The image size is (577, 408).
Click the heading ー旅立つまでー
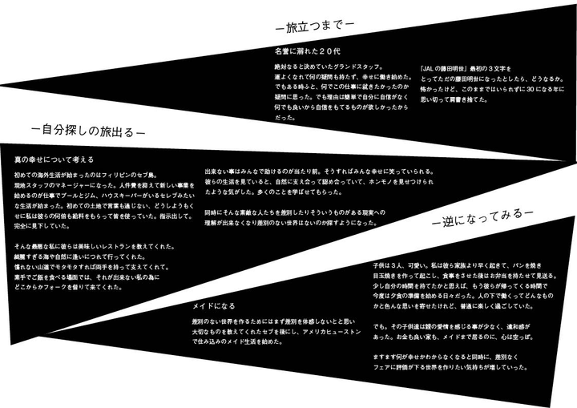(x=314, y=26)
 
